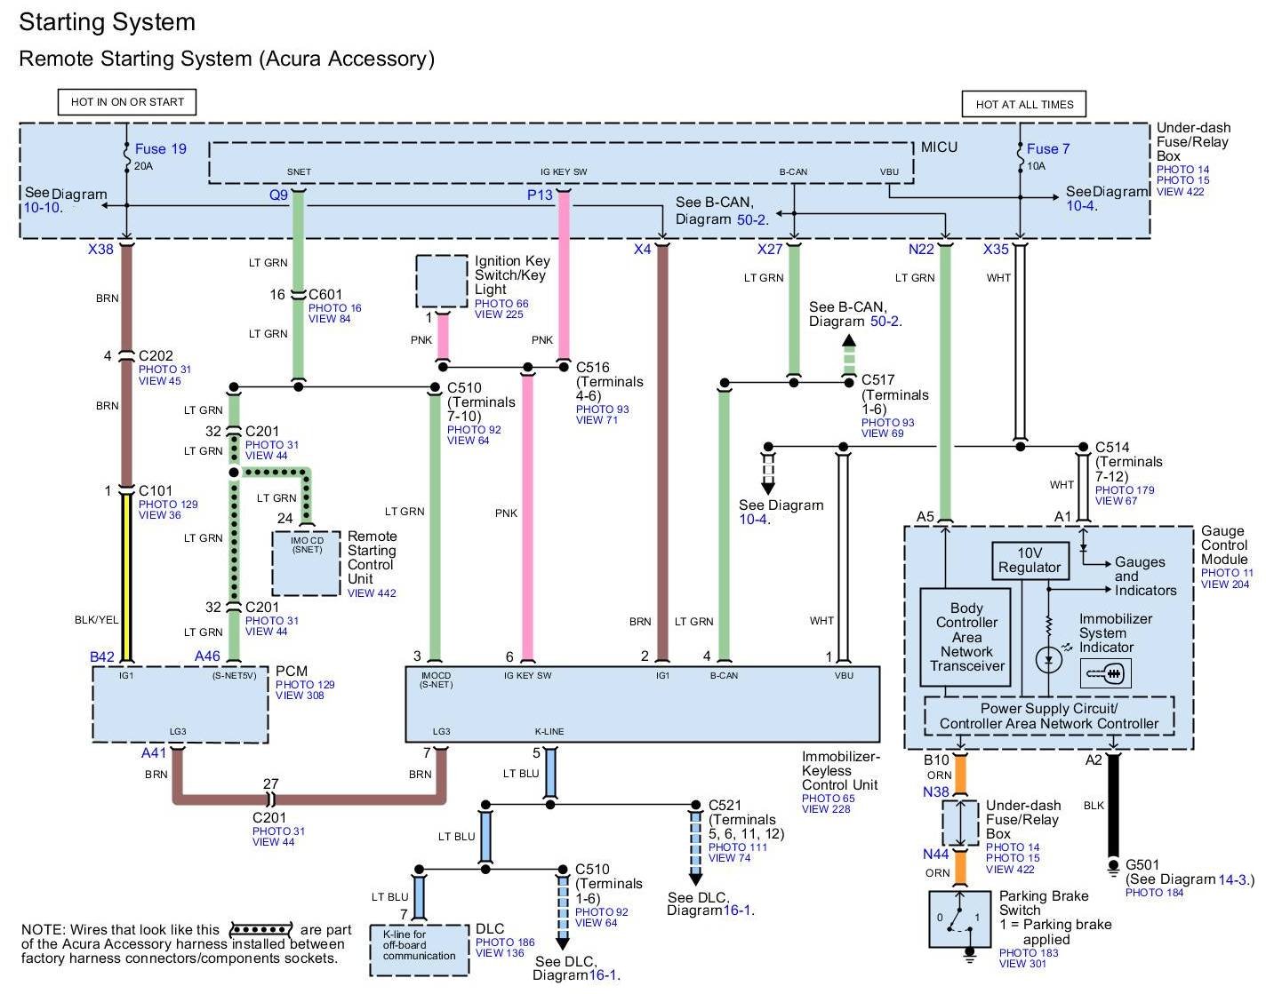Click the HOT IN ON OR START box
(x=127, y=102)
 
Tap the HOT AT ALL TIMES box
(x=1024, y=104)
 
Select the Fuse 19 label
(x=161, y=149)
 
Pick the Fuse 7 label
(x=1048, y=149)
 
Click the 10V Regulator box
(x=1030, y=561)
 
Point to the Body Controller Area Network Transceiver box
(x=966, y=637)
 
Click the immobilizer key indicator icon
(x=1105, y=674)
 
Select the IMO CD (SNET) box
(x=307, y=564)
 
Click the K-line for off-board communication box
(x=419, y=950)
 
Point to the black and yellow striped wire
(x=126, y=577)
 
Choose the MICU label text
(x=939, y=147)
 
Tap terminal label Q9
(x=279, y=195)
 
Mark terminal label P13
(x=540, y=195)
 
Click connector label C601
(x=325, y=295)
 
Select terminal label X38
(x=100, y=250)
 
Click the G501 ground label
(x=1142, y=865)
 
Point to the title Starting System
(x=107, y=22)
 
